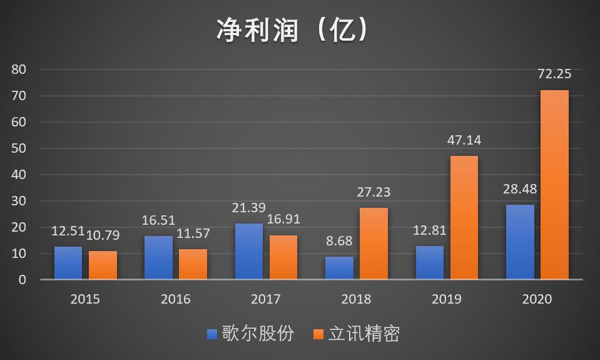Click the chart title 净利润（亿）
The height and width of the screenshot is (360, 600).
tap(292, 30)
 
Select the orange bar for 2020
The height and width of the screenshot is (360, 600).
tap(554, 185)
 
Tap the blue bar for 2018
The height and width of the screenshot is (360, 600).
tap(339, 268)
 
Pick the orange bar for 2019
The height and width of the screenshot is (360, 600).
tap(464, 217)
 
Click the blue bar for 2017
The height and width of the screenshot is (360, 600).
tap(249, 251)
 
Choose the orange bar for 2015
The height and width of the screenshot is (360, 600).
tap(103, 265)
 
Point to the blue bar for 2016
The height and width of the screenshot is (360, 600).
tap(158, 257)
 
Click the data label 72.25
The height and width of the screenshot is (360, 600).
tap(554, 74)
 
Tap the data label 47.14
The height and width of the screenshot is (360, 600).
tap(464, 140)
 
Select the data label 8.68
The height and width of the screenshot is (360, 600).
tap(339, 240)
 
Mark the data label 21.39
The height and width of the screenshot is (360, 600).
tap(249, 207)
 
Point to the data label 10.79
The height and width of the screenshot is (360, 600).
tap(103, 235)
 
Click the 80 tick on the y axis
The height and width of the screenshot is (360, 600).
tap(18, 69)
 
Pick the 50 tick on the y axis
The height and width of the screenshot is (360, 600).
tap(18, 148)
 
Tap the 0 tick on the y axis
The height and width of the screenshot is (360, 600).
tap(22, 280)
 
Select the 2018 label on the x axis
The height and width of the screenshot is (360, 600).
tap(356, 299)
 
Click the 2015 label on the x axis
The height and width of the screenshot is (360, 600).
tap(85, 299)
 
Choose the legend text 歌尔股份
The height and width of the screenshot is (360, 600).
tap(258, 334)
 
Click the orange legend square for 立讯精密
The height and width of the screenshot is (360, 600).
tap(318, 334)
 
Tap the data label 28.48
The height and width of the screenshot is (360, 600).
tap(520, 189)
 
